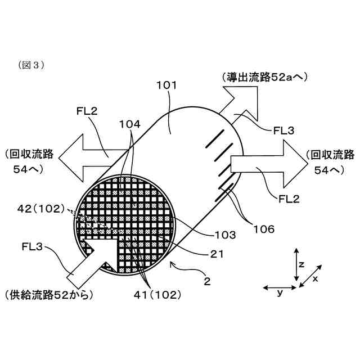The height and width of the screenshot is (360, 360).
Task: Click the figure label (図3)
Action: coord(31,65)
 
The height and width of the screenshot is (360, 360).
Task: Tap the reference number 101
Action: coord(166,85)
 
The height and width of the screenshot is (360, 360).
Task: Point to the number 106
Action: coord(263,229)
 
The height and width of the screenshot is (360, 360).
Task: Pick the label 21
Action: coord(217,255)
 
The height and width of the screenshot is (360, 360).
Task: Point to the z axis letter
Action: coord(302,263)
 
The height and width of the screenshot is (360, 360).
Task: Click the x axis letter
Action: coord(316,278)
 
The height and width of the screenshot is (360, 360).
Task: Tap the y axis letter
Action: coord(280,293)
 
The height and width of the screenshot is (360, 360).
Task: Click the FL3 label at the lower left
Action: coord(33,245)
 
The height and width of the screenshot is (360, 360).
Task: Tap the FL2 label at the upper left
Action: coord(87,111)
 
